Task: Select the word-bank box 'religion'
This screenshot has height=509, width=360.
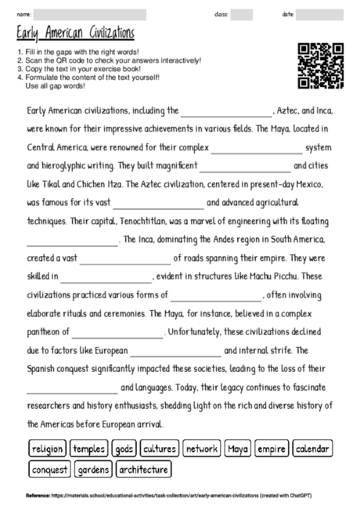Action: (x=47, y=449)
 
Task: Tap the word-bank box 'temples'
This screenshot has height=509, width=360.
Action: (x=89, y=449)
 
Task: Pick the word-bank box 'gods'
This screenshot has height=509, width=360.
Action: (x=124, y=449)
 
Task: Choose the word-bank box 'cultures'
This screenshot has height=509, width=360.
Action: (x=159, y=449)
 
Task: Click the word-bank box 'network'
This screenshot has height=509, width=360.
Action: (x=202, y=449)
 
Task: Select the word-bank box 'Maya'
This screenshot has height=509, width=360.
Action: (x=237, y=449)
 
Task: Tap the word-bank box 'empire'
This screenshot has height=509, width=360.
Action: (x=271, y=449)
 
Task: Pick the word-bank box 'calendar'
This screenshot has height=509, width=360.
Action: (x=313, y=449)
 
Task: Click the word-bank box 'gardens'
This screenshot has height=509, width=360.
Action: (x=94, y=470)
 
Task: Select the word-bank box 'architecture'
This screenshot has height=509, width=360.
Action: (x=143, y=470)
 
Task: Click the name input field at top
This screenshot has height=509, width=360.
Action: (x=91, y=14)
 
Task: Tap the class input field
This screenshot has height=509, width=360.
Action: (x=242, y=14)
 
